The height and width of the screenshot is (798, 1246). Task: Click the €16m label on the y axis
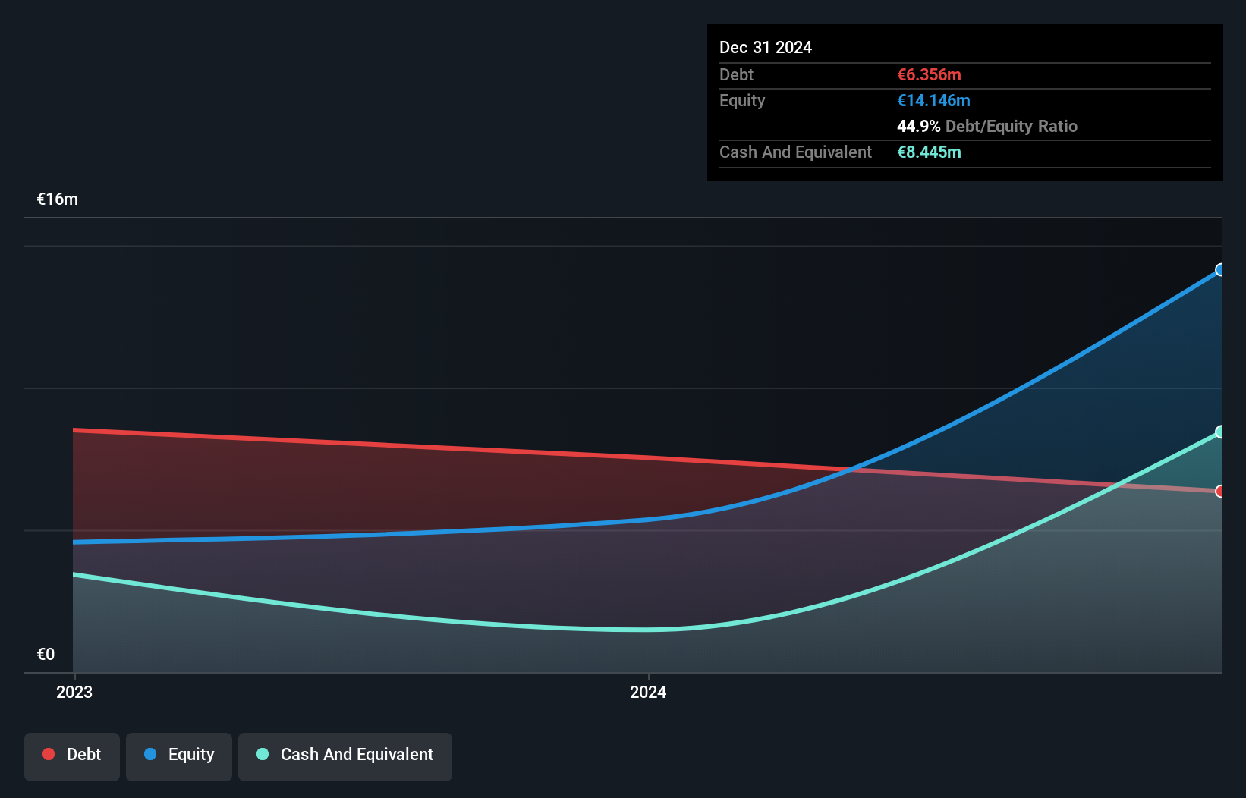(x=58, y=199)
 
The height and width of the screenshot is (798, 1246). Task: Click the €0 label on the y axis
(x=46, y=655)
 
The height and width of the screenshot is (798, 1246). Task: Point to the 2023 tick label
(x=74, y=692)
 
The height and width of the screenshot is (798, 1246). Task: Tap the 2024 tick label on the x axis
(x=648, y=692)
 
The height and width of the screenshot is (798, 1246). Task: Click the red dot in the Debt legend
(x=49, y=754)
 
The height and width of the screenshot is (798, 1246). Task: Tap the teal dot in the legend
(x=263, y=754)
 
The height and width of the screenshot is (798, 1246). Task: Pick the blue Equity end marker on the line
(x=1220, y=270)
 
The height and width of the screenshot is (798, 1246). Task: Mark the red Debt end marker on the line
(x=1220, y=492)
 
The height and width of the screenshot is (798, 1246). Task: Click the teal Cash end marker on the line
(x=1220, y=432)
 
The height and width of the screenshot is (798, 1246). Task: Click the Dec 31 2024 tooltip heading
(x=766, y=47)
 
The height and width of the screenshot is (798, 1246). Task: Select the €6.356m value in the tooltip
(x=929, y=74)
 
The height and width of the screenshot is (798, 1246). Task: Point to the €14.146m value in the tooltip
(x=933, y=100)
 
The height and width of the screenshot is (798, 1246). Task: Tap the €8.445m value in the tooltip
(x=929, y=152)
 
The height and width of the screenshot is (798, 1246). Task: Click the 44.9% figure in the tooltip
(x=918, y=126)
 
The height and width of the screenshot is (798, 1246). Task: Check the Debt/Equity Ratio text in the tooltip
(x=1011, y=126)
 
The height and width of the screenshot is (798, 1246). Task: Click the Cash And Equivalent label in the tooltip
(x=795, y=152)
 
